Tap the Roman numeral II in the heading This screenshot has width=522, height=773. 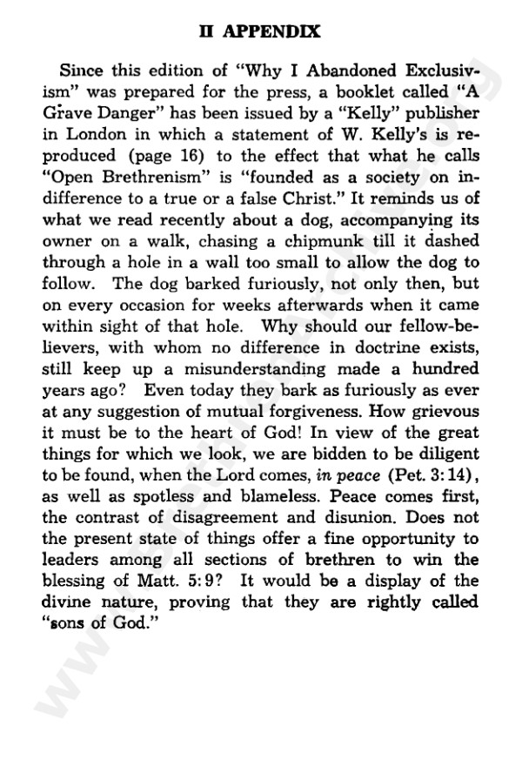208,32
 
